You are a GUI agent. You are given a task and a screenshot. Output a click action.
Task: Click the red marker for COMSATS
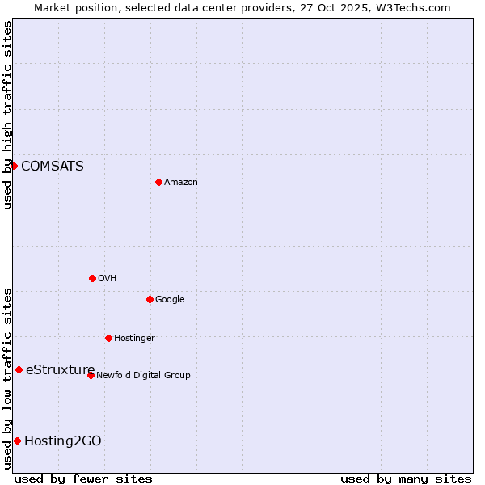click(x=14, y=166)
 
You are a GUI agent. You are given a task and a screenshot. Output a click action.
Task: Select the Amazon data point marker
click(x=158, y=182)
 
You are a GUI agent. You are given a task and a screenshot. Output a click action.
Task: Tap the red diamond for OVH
click(x=92, y=278)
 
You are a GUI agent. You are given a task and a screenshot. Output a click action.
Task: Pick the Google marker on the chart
click(x=150, y=299)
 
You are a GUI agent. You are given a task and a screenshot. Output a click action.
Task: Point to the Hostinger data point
click(x=108, y=338)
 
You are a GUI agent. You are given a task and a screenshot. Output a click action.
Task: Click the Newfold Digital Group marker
click(x=91, y=375)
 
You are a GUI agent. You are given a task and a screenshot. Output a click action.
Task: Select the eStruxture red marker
click(x=19, y=369)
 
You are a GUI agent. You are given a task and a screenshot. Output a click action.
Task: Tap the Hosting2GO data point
click(x=17, y=441)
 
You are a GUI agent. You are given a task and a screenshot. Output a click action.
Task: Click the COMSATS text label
click(x=53, y=166)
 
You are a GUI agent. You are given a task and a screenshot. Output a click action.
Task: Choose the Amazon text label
click(x=181, y=183)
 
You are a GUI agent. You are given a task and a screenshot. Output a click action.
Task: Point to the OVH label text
click(x=108, y=279)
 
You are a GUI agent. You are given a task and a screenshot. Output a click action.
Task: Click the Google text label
click(x=170, y=300)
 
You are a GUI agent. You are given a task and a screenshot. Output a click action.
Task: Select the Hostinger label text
click(x=134, y=339)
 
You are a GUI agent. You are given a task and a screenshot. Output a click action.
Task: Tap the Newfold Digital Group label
click(x=143, y=376)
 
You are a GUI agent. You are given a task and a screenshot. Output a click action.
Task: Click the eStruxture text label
click(x=61, y=369)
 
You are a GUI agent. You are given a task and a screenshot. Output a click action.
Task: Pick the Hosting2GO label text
click(x=63, y=441)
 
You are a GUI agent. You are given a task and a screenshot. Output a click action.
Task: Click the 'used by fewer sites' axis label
click(x=83, y=479)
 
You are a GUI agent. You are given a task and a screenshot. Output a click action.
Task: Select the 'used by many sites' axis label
click(x=406, y=479)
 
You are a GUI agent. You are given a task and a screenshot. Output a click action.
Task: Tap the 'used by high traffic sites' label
click(x=7, y=115)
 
